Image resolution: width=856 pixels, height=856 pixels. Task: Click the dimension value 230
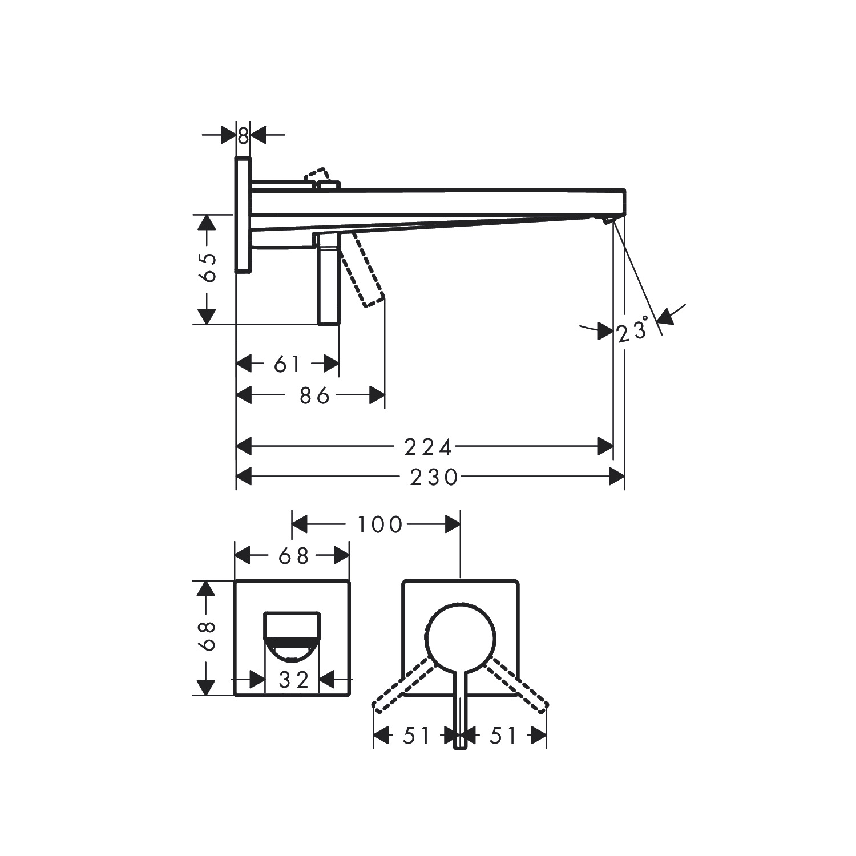pos(434,477)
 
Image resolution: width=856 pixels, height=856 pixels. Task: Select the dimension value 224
pos(428,447)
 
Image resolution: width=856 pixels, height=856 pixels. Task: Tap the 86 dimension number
pos(315,395)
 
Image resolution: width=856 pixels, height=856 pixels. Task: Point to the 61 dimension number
pos(287,364)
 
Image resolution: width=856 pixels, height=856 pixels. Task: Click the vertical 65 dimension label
pos(209,267)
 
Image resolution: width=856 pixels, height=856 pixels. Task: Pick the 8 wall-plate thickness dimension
pos(243,136)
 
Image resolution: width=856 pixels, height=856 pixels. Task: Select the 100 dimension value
pos(380,524)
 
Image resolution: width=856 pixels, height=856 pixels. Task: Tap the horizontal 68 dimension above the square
pos(293,556)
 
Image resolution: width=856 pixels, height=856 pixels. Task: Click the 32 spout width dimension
pos(293,680)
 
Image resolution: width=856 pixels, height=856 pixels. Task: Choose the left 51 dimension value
pos(416,736)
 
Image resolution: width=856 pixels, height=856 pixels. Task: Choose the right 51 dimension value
pos(503,736)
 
